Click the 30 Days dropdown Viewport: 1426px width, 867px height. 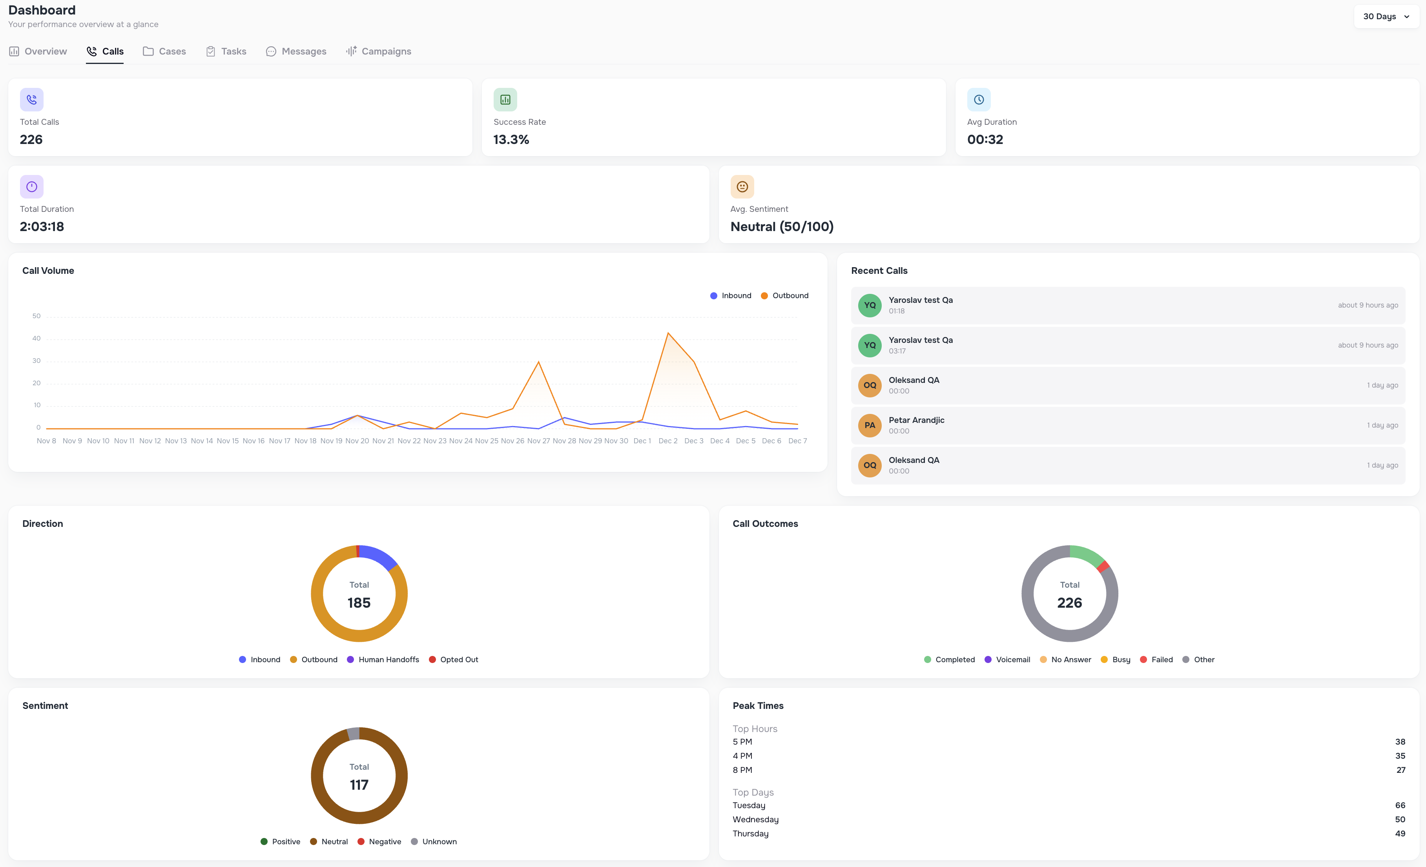click(x=1386, y=16)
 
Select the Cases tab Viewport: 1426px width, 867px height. click(x=164, y=51)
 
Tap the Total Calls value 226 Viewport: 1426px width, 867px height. click(x=31, y=140)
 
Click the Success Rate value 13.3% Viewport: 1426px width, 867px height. click(x=511, y=140)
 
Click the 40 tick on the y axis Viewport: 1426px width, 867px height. click(x=36, y=339)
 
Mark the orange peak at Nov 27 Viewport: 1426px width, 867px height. click(x=538, y=362)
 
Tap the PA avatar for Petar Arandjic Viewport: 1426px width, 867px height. click(x=869, y=425)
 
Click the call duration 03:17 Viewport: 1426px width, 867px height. click(x=897, y=352)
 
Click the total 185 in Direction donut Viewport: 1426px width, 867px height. click(x=359, y=603)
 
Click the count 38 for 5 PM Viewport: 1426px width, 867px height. click(x=1399, y=742)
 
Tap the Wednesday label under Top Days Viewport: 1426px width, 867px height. click(x=755, y=820)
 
